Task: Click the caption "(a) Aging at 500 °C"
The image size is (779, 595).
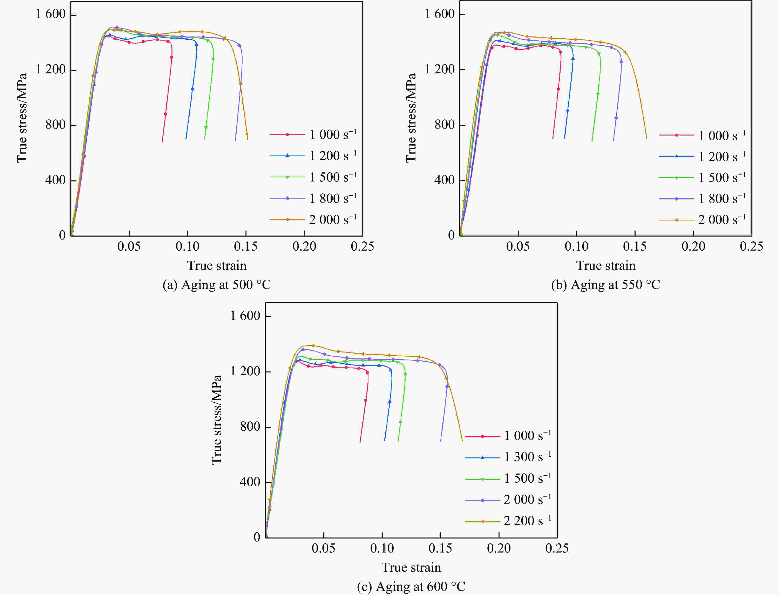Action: [x=217, y=285]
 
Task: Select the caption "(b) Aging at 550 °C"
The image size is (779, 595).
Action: [x=605, y=285]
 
